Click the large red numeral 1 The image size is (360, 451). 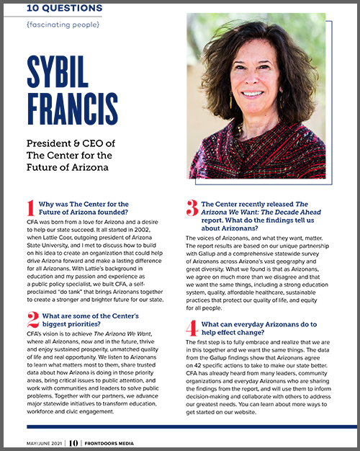(x=30, y=210)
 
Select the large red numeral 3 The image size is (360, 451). (x=192, y=210)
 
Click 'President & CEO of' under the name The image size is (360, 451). (x=71, y=143)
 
